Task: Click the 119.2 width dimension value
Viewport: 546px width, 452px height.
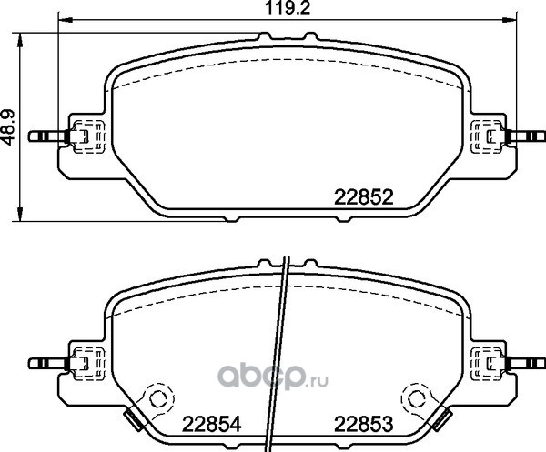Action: point(288,7)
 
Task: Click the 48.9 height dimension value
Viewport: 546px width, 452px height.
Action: point(7,127)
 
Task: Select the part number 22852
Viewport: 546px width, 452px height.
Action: point(363,197)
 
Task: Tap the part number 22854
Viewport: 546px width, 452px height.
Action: point(212,425)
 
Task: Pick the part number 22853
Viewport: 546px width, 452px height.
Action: point(363,425)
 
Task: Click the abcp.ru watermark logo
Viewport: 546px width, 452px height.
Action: point(273,377)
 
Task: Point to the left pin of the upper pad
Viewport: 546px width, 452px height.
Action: point(49,136)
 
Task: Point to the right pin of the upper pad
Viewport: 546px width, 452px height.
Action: point(525,136)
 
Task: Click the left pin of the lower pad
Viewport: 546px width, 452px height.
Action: point(49,364)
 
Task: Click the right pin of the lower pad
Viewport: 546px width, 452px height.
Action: point(525,364)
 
